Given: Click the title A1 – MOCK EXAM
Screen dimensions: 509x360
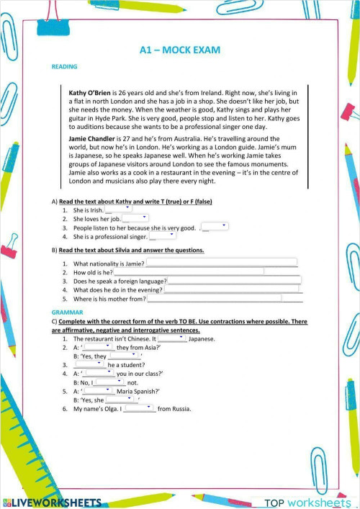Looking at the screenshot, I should pos(179,50).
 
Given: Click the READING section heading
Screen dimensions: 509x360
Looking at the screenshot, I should pos(64,66).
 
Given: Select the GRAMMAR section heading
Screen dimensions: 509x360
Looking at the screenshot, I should pos(67,312).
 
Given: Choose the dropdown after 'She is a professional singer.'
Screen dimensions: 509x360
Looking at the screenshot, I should pos(162,235).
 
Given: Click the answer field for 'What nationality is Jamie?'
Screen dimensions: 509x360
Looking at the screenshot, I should pos(221,263).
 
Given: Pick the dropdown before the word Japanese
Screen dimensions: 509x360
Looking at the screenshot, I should pos(171,338).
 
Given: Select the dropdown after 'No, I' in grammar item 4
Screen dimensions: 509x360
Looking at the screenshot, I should pos(110,382).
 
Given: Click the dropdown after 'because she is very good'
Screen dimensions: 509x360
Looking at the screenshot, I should pos(215,226).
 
